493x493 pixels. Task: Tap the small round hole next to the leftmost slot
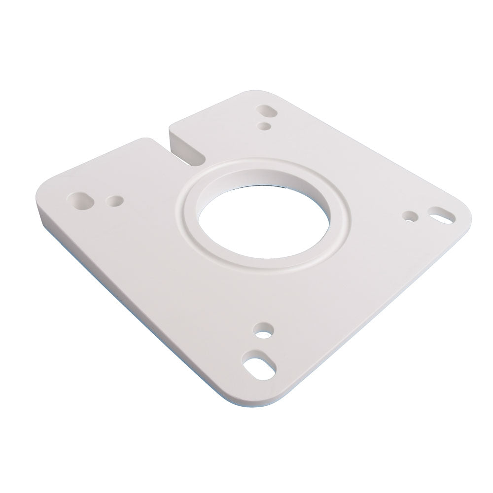pyautogui.click(x=115, y=201)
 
